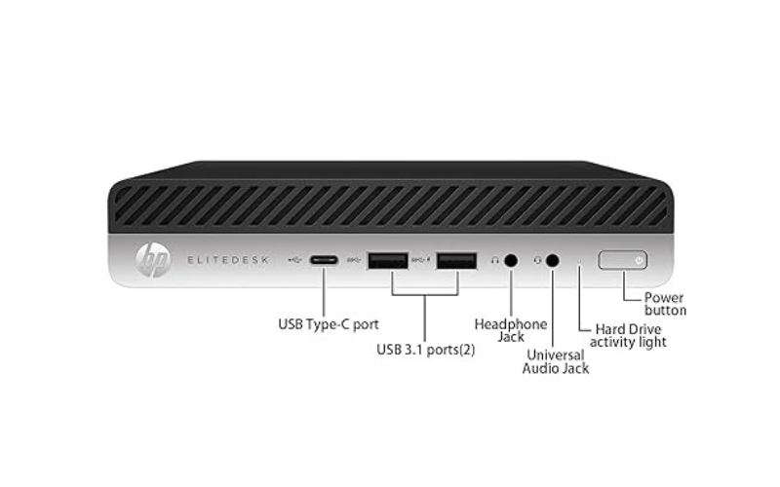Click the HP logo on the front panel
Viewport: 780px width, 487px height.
click(153, 259)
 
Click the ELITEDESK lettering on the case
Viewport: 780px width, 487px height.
click(228, 260)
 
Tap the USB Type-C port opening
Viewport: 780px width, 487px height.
click(324, 260)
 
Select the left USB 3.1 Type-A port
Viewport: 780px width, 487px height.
click(388, 260)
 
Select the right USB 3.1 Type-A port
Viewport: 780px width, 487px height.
click(456, 260)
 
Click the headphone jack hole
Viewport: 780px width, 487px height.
click(511, 260)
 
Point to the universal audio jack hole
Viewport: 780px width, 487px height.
click(552, 260)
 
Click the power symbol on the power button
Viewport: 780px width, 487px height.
click(639, 260)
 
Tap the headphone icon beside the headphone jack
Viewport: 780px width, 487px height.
click(495, 260)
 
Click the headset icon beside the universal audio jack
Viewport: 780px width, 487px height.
click(537, 260)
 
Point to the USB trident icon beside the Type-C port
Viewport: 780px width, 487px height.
click(295, 259)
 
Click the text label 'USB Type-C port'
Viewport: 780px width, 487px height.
click(329, 324)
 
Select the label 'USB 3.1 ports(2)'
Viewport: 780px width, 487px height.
click(426, 350)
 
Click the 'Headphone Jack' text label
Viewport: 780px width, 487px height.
click(511, 330)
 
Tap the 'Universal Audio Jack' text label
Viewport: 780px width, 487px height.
click(556, 361)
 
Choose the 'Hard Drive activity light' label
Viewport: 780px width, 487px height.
click(628, 336)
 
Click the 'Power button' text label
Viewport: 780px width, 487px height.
click(665, 304)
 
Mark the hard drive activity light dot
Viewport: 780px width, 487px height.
click(578, 260)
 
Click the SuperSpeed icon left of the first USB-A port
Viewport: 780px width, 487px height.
click(353, 259)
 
